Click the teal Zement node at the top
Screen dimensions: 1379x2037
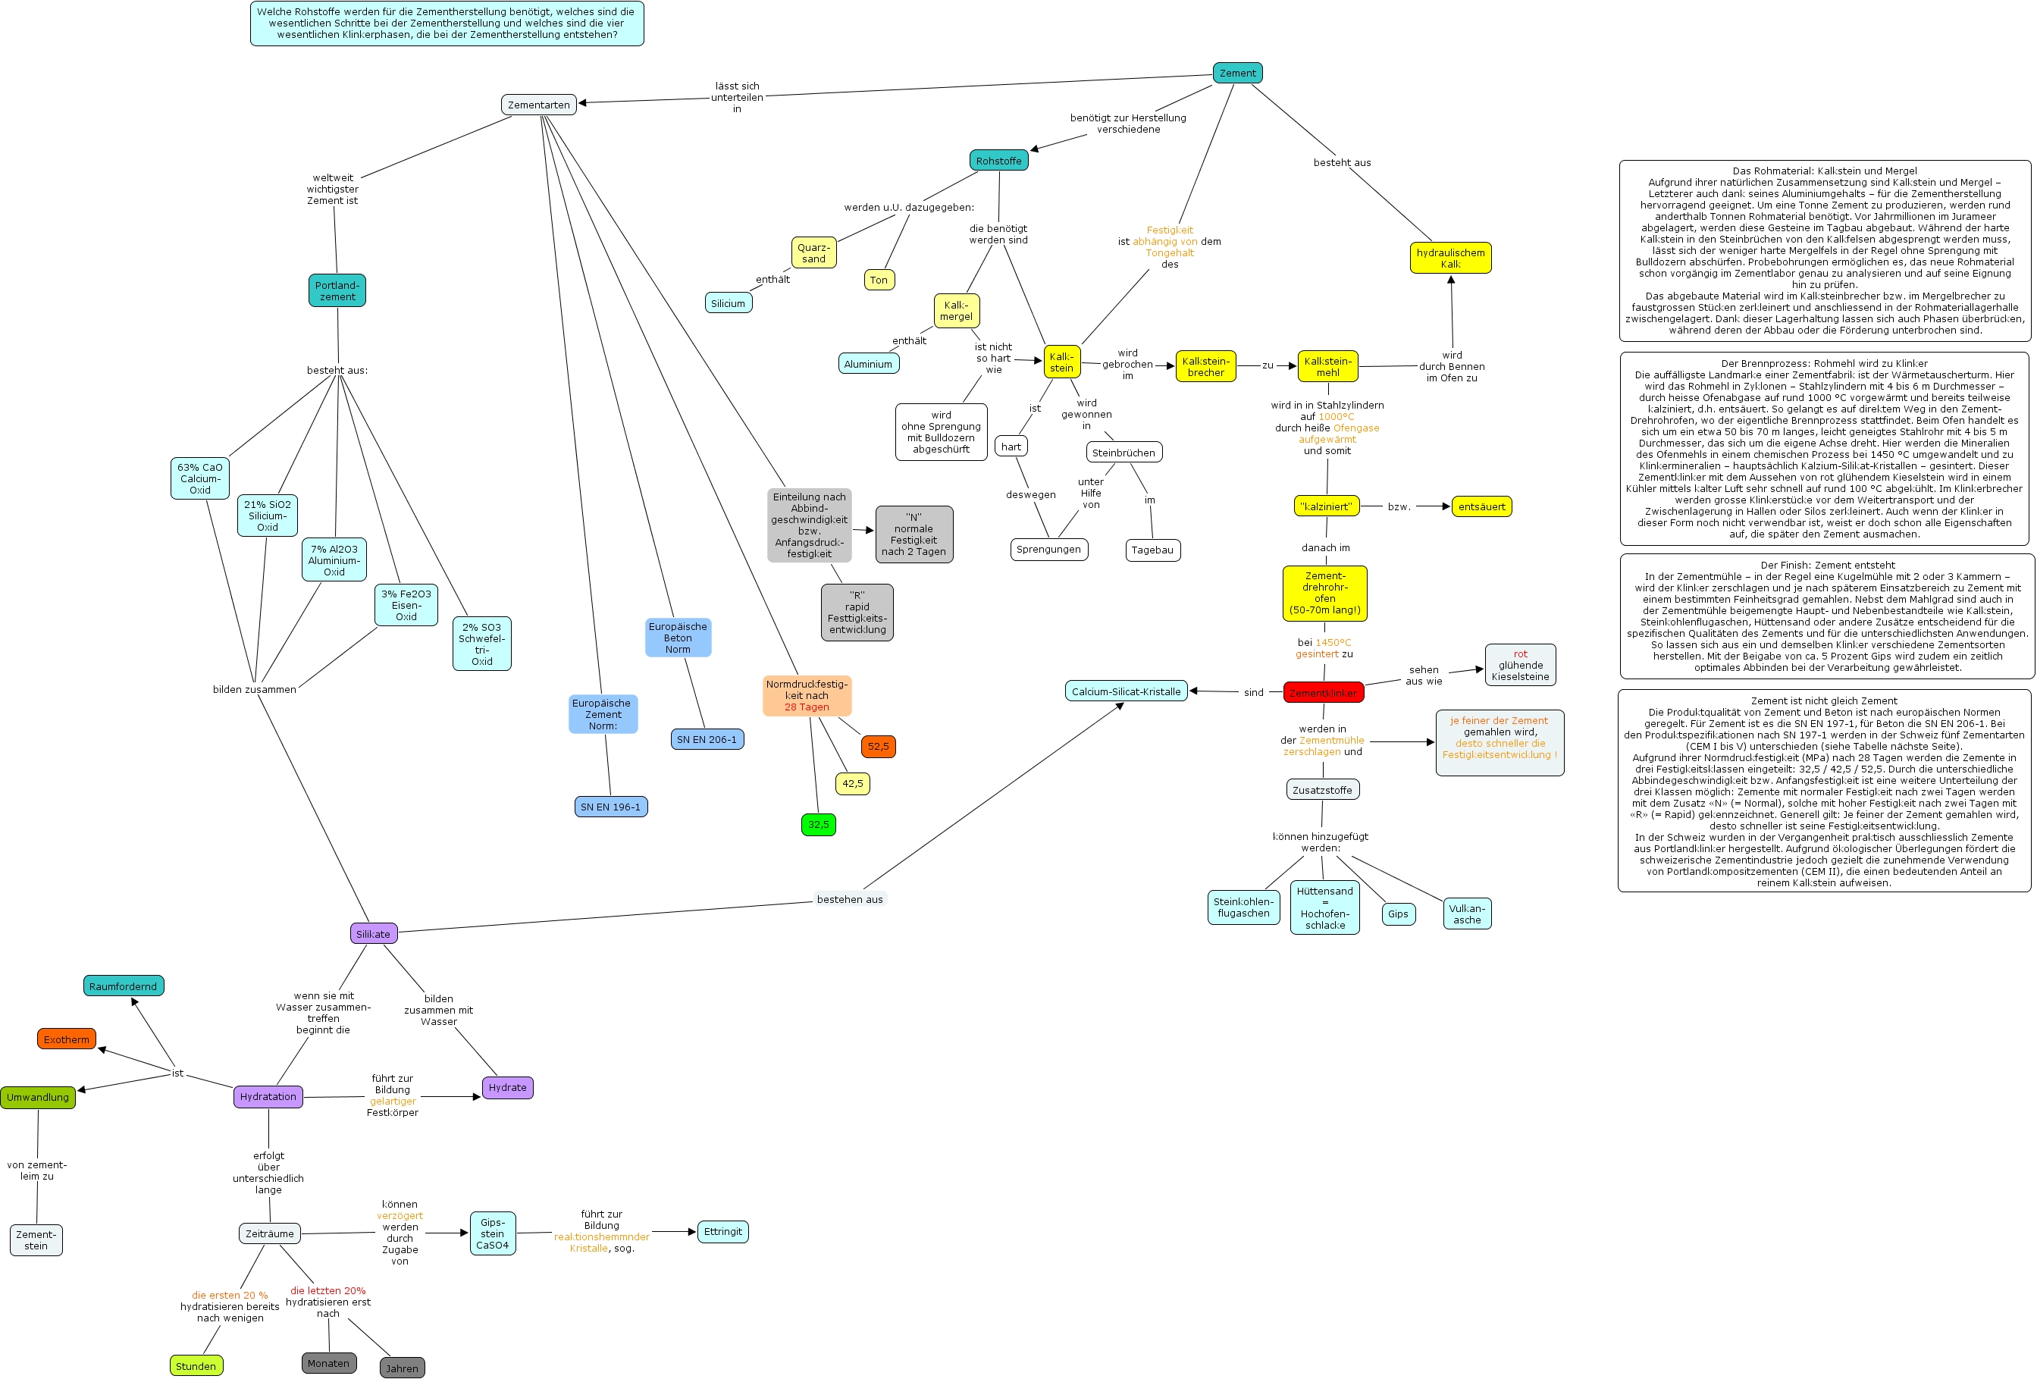1236,73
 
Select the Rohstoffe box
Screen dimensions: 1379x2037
998,161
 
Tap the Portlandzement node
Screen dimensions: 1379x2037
337,290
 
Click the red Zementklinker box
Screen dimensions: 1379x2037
1323,693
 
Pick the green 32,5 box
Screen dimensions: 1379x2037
818,824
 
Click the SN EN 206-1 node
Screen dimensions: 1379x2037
707,739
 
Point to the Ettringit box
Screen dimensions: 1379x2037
722,1231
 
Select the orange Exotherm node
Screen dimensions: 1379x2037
67,1039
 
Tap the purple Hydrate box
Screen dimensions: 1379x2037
507,1087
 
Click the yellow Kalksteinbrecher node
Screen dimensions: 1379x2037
1205,366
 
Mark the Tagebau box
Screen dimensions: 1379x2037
1152,550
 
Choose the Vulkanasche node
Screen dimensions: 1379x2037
1466,914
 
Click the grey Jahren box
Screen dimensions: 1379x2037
403,1368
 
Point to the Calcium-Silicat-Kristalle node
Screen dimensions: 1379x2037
1126,691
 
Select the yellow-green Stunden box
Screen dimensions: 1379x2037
196,1365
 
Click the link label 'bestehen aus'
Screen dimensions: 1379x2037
849,898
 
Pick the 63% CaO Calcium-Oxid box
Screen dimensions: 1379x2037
200,478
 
